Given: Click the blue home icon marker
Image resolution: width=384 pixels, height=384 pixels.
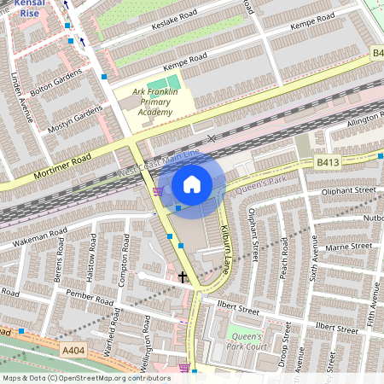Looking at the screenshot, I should pos(192,183).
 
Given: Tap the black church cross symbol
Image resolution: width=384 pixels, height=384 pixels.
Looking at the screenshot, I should pos(182,277).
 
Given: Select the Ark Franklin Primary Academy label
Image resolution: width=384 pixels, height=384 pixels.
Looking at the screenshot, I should pos(155,101).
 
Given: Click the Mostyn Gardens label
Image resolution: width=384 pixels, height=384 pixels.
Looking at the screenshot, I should pos(75,123).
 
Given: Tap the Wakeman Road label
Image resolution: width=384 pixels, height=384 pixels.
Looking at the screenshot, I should pos(34,239).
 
